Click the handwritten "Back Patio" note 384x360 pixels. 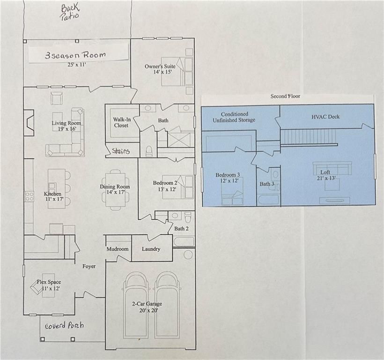pyautogui.click(x=70, y=12)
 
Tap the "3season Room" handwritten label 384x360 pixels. pyautogui.click(x=75, y=55)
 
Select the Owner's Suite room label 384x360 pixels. pyautogui.click(x=160, y=66)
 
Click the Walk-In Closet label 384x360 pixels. pyautogui.click(x=122, y=122)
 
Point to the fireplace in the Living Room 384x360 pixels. pyautogui.click(x=29, y=122)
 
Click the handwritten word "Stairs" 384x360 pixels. pyautogui.click(x=121, y=151)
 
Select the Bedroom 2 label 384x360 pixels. pyautogui.click(x=165, y=183)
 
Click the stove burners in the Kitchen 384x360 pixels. pyautogui.click(x=30, y=196)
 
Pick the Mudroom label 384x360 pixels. pyautogui.click(x=118, y=249)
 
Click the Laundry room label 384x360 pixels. pyautogui.click(x=151, y=249)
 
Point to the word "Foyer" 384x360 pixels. pyautogui.click(x=89, y=266)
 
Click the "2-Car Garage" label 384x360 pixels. pyautogui.click(x=147, y=304)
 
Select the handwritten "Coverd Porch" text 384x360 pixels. pyautogui.click(x=65, y=326)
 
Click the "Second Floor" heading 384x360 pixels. pyautogui.click(x=285, y=96)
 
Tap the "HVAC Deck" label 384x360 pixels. pyautogui.click(x=325, y=117)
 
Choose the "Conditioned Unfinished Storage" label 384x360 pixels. pyautogui.click(x=234, y=117)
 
